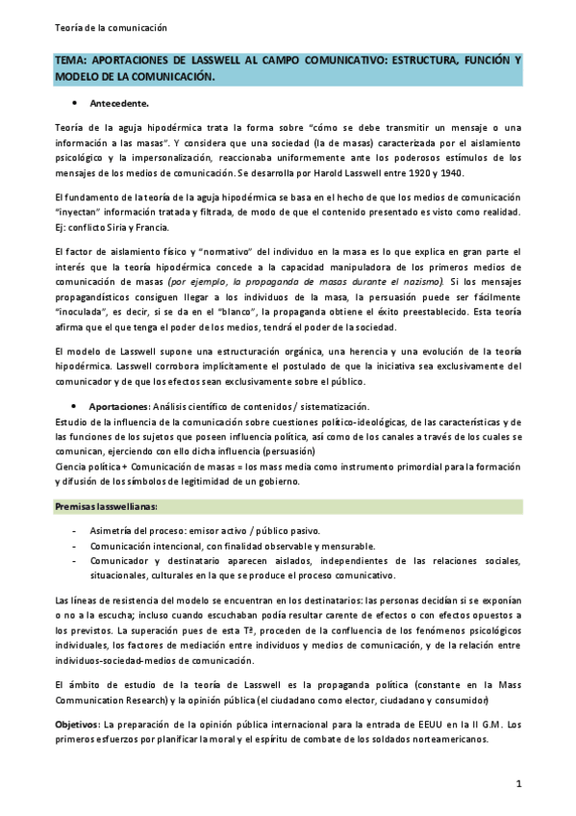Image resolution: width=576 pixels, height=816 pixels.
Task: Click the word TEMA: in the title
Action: (x=72, y=61)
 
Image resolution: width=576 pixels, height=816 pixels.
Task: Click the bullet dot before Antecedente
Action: (x=74, y=101)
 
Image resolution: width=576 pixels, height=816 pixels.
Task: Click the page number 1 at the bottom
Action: (x=519, y=784)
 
